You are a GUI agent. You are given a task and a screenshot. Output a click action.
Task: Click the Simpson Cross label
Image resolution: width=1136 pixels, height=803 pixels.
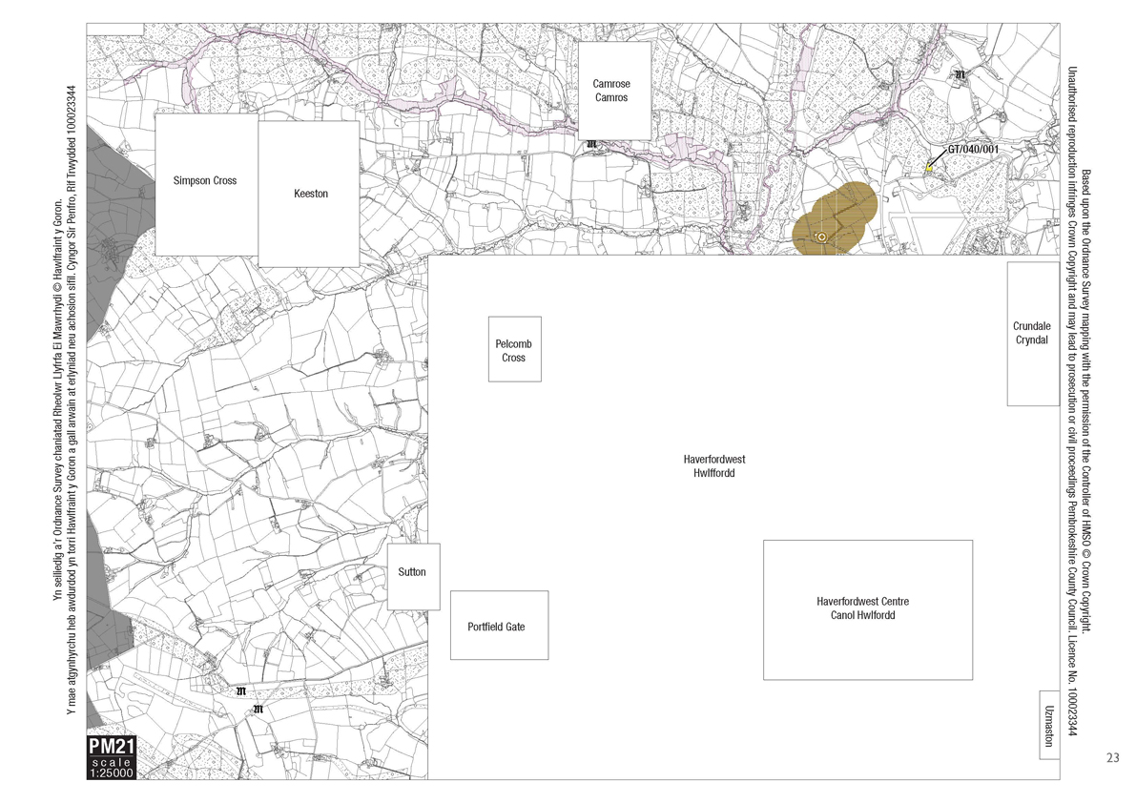(x=205, y=180)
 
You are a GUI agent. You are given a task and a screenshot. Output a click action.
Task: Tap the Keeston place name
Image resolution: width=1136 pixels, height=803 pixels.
(x=311, y=194)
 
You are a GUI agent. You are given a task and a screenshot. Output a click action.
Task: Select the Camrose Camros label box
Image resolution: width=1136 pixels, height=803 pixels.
(x=610, y=91)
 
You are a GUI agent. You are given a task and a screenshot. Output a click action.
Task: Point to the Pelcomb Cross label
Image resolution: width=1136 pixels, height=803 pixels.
(x=515, y=350)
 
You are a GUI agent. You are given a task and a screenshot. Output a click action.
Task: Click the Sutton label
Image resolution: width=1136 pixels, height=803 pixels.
(x=412, y=572)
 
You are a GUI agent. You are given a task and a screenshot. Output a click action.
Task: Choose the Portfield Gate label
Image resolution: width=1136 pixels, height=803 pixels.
(x=496, y=627)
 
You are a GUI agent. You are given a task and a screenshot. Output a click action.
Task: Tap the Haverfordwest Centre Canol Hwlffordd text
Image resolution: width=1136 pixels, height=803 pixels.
(x=862, y=608)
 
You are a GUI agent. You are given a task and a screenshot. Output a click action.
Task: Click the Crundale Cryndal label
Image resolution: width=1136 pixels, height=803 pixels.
(x=1032, y=333)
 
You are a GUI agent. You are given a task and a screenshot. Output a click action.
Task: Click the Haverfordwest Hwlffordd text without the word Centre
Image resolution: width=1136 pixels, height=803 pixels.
(x=714, y=465)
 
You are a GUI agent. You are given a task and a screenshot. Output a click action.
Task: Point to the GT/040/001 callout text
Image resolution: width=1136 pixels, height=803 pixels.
(x=973, y=150)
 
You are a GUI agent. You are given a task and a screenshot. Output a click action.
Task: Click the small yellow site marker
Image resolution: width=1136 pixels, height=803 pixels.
(x=929, y=169)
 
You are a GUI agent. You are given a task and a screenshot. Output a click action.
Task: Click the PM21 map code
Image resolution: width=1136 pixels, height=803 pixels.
(x=112, y=747)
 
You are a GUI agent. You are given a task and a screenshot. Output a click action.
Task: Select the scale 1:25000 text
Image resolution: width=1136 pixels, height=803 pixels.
(x=112, y=769)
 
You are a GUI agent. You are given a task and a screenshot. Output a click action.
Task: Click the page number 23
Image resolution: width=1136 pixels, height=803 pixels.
(x=1112, y=758)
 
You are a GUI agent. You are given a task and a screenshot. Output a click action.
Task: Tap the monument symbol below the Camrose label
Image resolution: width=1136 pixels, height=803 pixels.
(x=591, y=145)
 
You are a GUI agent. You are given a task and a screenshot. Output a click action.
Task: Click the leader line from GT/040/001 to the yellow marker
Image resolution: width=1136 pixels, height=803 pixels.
(x=939, y=160)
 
